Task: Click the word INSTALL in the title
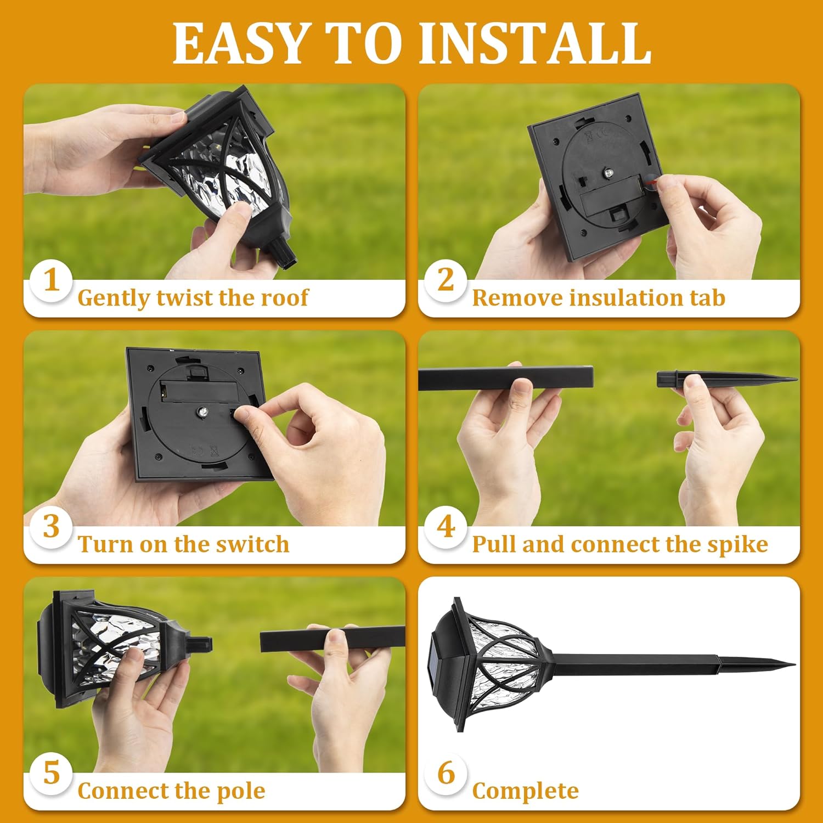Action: [535, 44]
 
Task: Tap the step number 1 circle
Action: [52, 280]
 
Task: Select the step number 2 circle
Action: [446, 280]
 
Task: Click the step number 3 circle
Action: [52, 527]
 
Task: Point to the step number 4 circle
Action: [446, 527]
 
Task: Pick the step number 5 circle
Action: [52, 773]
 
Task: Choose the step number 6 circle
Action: [446, 773]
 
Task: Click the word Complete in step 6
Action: [525, 791]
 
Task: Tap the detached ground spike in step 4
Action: [724, 379]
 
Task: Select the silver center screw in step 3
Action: [202, 412]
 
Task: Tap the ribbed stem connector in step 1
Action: [284, 254]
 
